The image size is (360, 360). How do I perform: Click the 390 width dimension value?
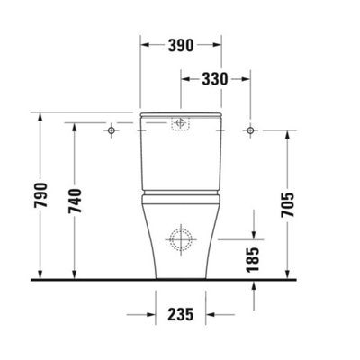(x=181, y=45)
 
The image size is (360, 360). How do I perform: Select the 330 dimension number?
(x=215, y=79)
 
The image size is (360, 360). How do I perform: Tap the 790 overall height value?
(x=40, y=195)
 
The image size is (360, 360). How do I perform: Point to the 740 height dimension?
(x=75, y=201)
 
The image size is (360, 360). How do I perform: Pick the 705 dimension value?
(x=288, y=205)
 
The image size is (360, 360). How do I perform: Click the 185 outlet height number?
(x=253, y=260)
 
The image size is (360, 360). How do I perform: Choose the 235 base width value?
(x=181, y=315)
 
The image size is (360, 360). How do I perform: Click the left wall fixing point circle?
(x=112, y=130)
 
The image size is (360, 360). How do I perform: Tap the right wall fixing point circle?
(x=250, y=130)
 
